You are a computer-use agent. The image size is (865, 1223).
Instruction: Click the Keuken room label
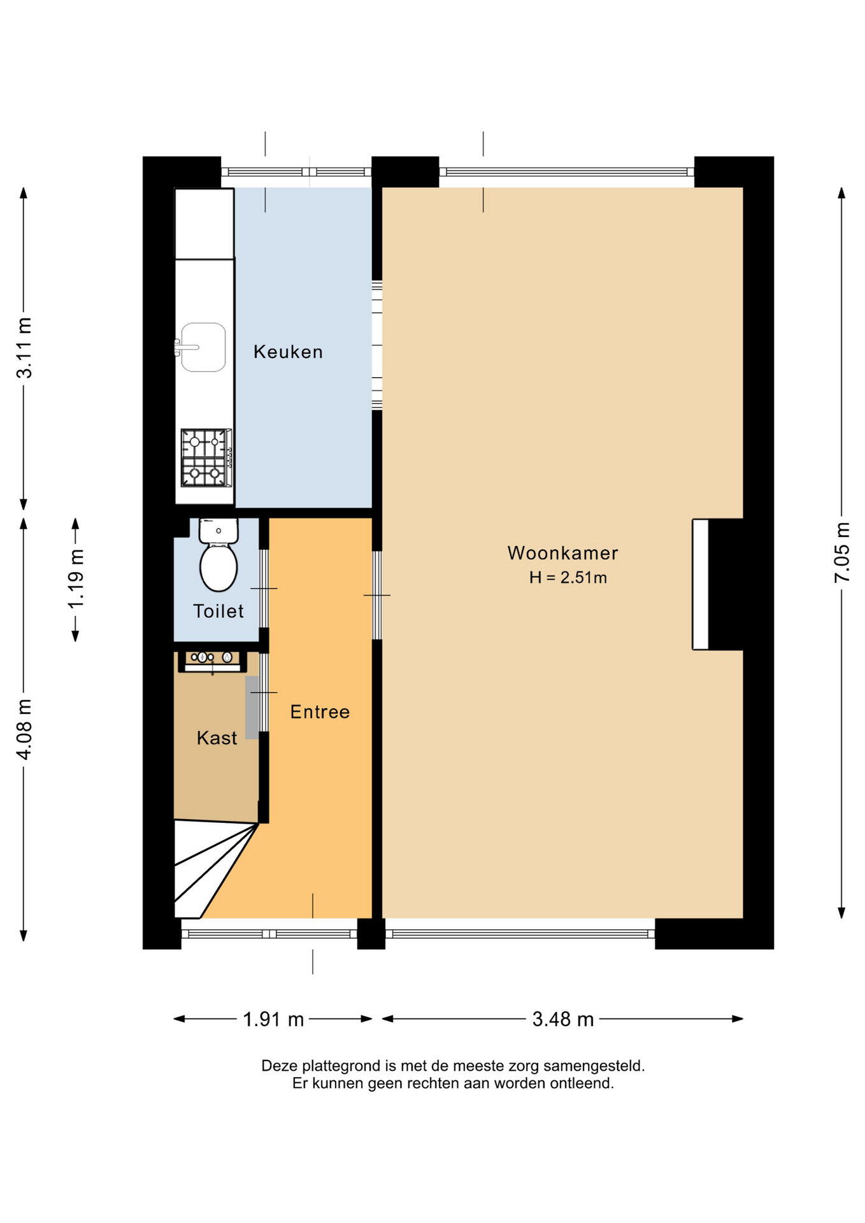pyautogui.click(x=288, y=352)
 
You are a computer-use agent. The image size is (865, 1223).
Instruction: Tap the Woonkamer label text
pyautogui.click(x=562, y=553)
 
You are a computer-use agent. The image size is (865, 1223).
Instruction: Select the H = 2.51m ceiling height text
pyautogui.click(x=568, y=578)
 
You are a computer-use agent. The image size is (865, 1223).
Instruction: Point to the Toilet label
pyautogui.click(x=218, y=611)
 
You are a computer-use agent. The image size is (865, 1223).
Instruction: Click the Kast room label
pyautogui.click(x=217, y=738)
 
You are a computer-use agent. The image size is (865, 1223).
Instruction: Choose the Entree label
pyautogui.click(x=320, y=712)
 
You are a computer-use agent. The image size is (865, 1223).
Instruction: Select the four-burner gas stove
pyautogui.click(x=206, y=458)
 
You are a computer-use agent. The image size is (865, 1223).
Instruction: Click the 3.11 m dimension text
pyautogui.click(x=24, y=348)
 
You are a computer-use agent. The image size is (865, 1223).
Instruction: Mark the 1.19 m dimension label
pyautogui.click(x=76, y=579)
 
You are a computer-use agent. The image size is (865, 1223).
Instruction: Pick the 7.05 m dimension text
pyautogui.click(x=842, y=552)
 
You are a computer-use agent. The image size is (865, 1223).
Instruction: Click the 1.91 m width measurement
pyautogui.click(x=273, y=1019)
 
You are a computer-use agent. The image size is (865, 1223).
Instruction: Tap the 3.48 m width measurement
pyautogui.click(x=563, y=1019)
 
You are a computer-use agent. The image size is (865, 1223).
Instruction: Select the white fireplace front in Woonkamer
pyautogui.click(x=701, y=585)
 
